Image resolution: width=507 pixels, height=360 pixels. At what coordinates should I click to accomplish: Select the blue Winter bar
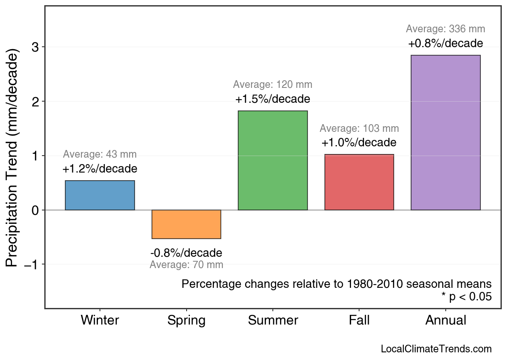tap(100, 196)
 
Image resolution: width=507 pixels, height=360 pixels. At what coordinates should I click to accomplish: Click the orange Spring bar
tap(186, 224)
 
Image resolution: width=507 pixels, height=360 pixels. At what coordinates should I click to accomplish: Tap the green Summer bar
tap(273, 160)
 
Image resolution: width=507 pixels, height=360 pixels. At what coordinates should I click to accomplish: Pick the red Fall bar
tap(359, 182)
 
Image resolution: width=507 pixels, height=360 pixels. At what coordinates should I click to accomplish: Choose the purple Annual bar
tap(445, 133)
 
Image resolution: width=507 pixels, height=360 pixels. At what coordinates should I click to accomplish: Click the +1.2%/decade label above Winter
tap(100, 169)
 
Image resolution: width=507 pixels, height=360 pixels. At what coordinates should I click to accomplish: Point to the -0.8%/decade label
tap(186, 253)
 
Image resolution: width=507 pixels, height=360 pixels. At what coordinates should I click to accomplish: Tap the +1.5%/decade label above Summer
tap(273, 99)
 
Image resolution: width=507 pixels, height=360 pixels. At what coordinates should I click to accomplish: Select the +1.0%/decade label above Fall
tap(359, 143)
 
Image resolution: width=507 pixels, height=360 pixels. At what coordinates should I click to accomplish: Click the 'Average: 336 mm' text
tap(445, 29)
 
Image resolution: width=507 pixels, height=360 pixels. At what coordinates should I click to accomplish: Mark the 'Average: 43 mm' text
tap(100, 154)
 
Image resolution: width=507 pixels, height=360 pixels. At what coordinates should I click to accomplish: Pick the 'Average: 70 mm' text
tap(186, 265)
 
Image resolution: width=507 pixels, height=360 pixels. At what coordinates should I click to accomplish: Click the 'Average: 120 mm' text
tap(273, 85)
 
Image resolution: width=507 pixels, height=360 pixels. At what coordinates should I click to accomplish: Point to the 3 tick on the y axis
tap(35, 47)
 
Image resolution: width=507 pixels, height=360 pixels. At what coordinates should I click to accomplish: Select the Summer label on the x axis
tap(273, 320)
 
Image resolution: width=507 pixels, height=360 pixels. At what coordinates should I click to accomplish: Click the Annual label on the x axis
tap(445, 320)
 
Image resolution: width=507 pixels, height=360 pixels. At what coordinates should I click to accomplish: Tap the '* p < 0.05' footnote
tap(466, 297)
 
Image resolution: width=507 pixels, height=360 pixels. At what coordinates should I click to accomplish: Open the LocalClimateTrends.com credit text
tap(436, 349)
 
